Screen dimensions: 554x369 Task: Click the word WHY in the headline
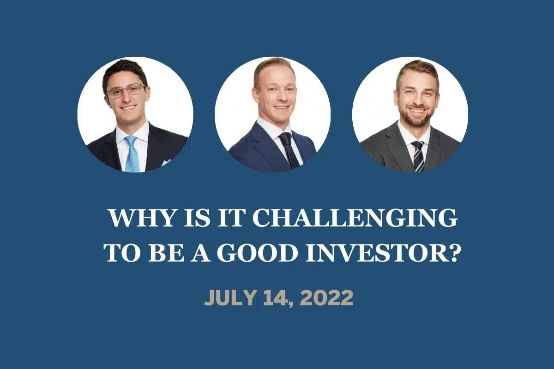click(141, 219)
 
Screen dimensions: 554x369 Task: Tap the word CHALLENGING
click(354, 219)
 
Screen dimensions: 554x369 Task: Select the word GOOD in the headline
click(258, 253)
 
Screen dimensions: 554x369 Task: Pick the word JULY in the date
click(229, 298)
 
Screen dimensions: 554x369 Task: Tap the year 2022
click(327, 298)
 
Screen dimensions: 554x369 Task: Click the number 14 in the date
click(277, 298)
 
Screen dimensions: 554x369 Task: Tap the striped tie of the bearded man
click(418, 156)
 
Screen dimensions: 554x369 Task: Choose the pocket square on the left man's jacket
click(167, 162)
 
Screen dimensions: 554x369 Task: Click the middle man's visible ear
click(255, 94)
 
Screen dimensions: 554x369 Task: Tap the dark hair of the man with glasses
click(125, 71)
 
